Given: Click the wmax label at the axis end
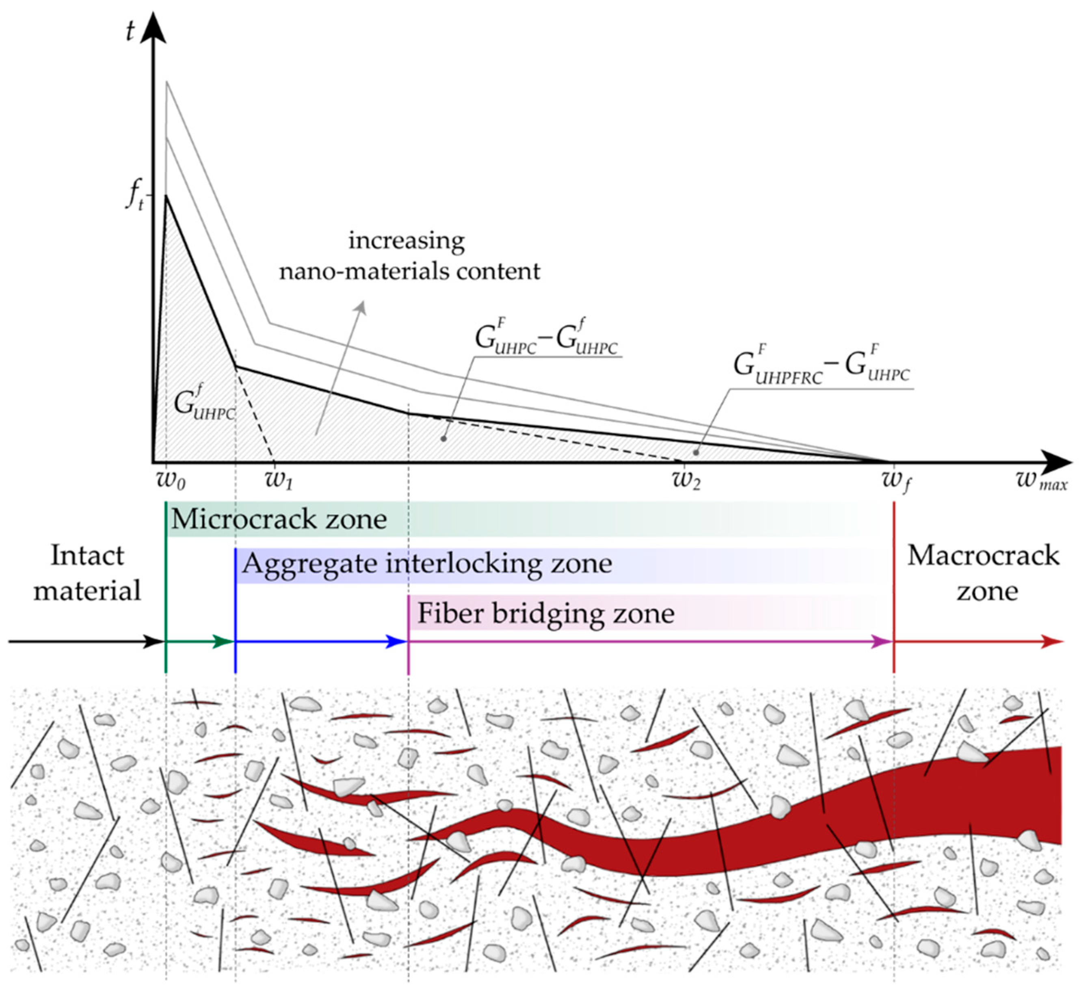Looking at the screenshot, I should pyautogui.click(x=1041, y=480).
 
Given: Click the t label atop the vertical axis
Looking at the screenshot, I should pyautogui.click(x=130, y=31).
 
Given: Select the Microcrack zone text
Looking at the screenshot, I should pyautogui.click(x=279, y=519).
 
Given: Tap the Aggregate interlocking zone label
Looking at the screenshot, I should pyautogui.click(x=427, y=564).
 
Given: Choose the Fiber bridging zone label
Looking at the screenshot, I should pyautogui.click(x=546, y=613).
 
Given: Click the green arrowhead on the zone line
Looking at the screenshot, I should pyautogui.click(x=225, y=642).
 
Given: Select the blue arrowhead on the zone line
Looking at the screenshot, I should pyautogui.click(x=398, y=642).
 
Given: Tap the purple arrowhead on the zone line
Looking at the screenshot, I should pyautogui.click(x=883, y=642).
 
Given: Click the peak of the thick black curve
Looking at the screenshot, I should pyautogui.click(x=167, y=195).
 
